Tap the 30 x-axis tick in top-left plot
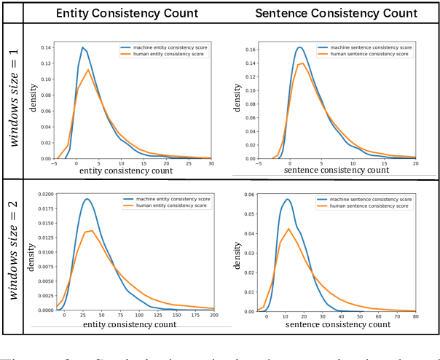(211, 164)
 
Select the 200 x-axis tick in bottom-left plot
(213, 315)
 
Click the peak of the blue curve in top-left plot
(82, 47)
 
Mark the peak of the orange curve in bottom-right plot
(288, 229)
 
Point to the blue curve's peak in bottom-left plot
(86, 199)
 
